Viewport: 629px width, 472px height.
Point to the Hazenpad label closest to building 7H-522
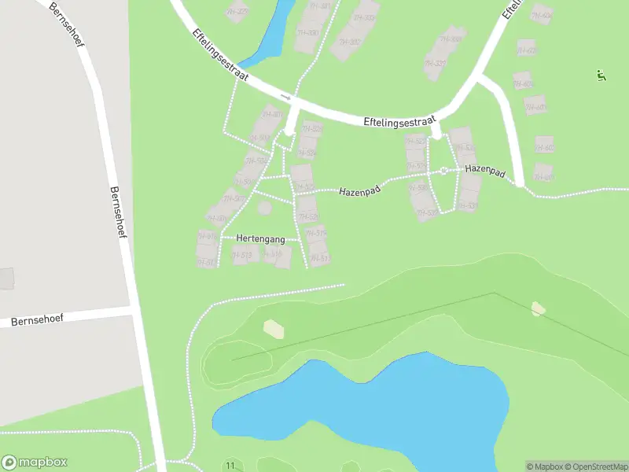click(361, 190)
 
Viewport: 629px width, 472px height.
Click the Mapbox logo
click(35, 463)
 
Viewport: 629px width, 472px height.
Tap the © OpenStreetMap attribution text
click(594, 466)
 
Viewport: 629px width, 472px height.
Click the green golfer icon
click(601, 76)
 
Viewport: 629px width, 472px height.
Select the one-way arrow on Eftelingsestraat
click(285, 98)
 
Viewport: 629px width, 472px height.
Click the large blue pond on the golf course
click(370, 405)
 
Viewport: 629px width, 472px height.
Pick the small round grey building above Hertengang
click(265, 208)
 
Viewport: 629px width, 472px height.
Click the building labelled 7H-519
click(316, 233)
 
